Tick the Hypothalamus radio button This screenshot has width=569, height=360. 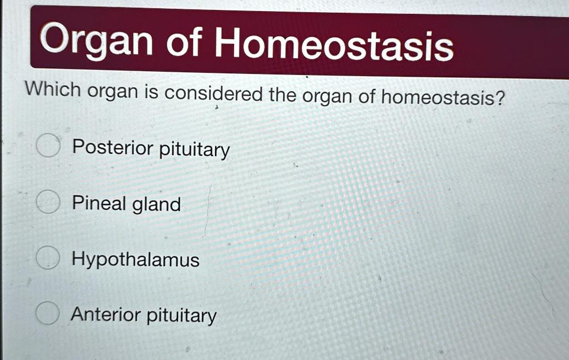tap(48, 258)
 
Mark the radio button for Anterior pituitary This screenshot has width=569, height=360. tap(48, 314)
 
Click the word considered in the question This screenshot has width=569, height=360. tap(214, 94)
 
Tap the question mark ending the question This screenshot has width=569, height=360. tap(500, 99)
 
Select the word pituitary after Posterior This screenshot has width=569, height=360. tap(194, 150)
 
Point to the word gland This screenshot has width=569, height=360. tap(156, 204)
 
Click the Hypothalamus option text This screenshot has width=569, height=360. tap(135, 260)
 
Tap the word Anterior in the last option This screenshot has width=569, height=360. tap(106, 314)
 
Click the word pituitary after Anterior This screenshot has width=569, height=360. tap(181, 317)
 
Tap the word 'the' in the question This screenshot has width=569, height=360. tap(282, 95)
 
